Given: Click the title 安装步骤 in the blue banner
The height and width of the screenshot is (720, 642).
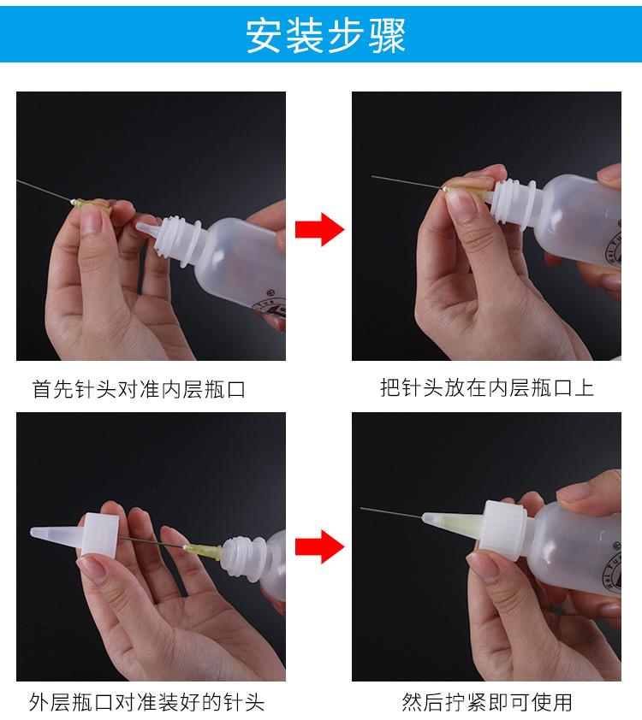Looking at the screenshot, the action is [325, 35].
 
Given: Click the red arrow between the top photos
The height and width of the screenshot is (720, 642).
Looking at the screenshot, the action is [319, 229].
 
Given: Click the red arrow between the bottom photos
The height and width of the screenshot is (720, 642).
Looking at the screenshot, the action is [319, 546].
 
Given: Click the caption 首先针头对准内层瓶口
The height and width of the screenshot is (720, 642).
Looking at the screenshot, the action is [139, 389].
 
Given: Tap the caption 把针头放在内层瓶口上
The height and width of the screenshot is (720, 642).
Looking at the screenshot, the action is [487, 388].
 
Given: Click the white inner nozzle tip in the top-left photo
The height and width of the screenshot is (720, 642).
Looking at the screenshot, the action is [147, 228].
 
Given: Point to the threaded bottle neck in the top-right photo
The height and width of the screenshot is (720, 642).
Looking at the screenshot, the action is [513, 201].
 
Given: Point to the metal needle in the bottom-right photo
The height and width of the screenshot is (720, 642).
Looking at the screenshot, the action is [391, 513].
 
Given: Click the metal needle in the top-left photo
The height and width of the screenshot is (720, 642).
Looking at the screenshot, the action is [45, 190].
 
